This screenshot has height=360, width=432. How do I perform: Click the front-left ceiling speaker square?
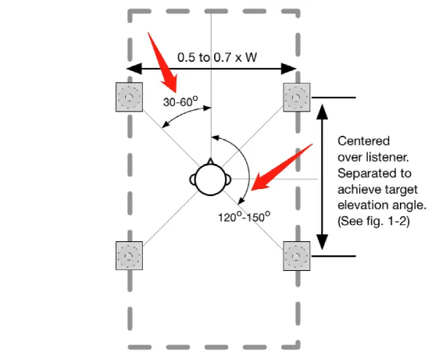(129, 97)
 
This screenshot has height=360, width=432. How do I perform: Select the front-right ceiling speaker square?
(296, 98)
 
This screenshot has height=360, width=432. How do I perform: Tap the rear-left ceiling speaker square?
(129, 255)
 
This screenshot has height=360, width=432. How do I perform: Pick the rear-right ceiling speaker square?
(296, 256)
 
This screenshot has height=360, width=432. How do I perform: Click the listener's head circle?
(210, 180)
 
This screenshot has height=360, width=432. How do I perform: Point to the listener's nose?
(210, 161)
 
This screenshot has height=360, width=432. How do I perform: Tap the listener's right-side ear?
(228, 180)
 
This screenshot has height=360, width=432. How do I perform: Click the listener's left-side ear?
(192, 180)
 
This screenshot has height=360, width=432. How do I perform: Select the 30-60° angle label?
(180, 102)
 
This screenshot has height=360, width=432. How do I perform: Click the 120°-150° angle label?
(244, 217)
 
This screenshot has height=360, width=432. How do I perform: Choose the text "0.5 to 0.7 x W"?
(217, 57)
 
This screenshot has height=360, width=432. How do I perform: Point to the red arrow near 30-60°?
(162, 62)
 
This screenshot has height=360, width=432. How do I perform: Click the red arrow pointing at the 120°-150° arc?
(281, 168)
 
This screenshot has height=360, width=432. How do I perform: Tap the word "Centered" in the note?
(364, 141)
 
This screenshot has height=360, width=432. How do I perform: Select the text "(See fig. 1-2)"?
(373, 221)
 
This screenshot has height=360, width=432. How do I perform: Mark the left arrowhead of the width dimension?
(134, 69)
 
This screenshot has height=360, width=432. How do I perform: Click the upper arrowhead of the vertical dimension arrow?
(322, 112)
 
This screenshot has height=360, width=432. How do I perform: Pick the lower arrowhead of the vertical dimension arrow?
(322, 242)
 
